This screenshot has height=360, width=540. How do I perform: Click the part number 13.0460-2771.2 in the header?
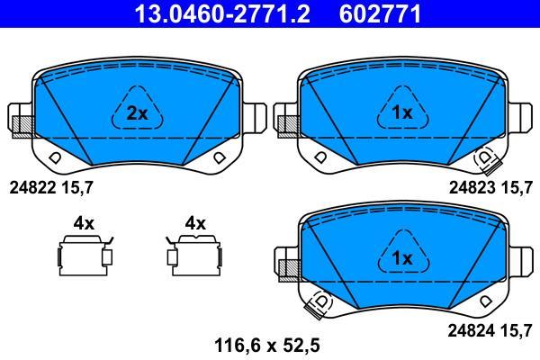point(222,13)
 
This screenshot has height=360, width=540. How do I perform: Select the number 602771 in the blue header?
point(380,13)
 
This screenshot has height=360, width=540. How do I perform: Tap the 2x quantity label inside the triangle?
point(137,113)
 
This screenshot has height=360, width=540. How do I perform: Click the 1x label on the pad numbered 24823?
point(402,112)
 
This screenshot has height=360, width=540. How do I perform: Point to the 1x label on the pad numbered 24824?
point(402,258)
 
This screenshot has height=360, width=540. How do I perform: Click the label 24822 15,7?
point(51,188)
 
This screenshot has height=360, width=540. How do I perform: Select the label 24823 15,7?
point(490,188)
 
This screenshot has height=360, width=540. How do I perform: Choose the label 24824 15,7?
point(490,331)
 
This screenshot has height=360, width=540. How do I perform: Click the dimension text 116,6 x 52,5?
point(267,345)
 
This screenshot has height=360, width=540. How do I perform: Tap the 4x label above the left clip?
point(84,223)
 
